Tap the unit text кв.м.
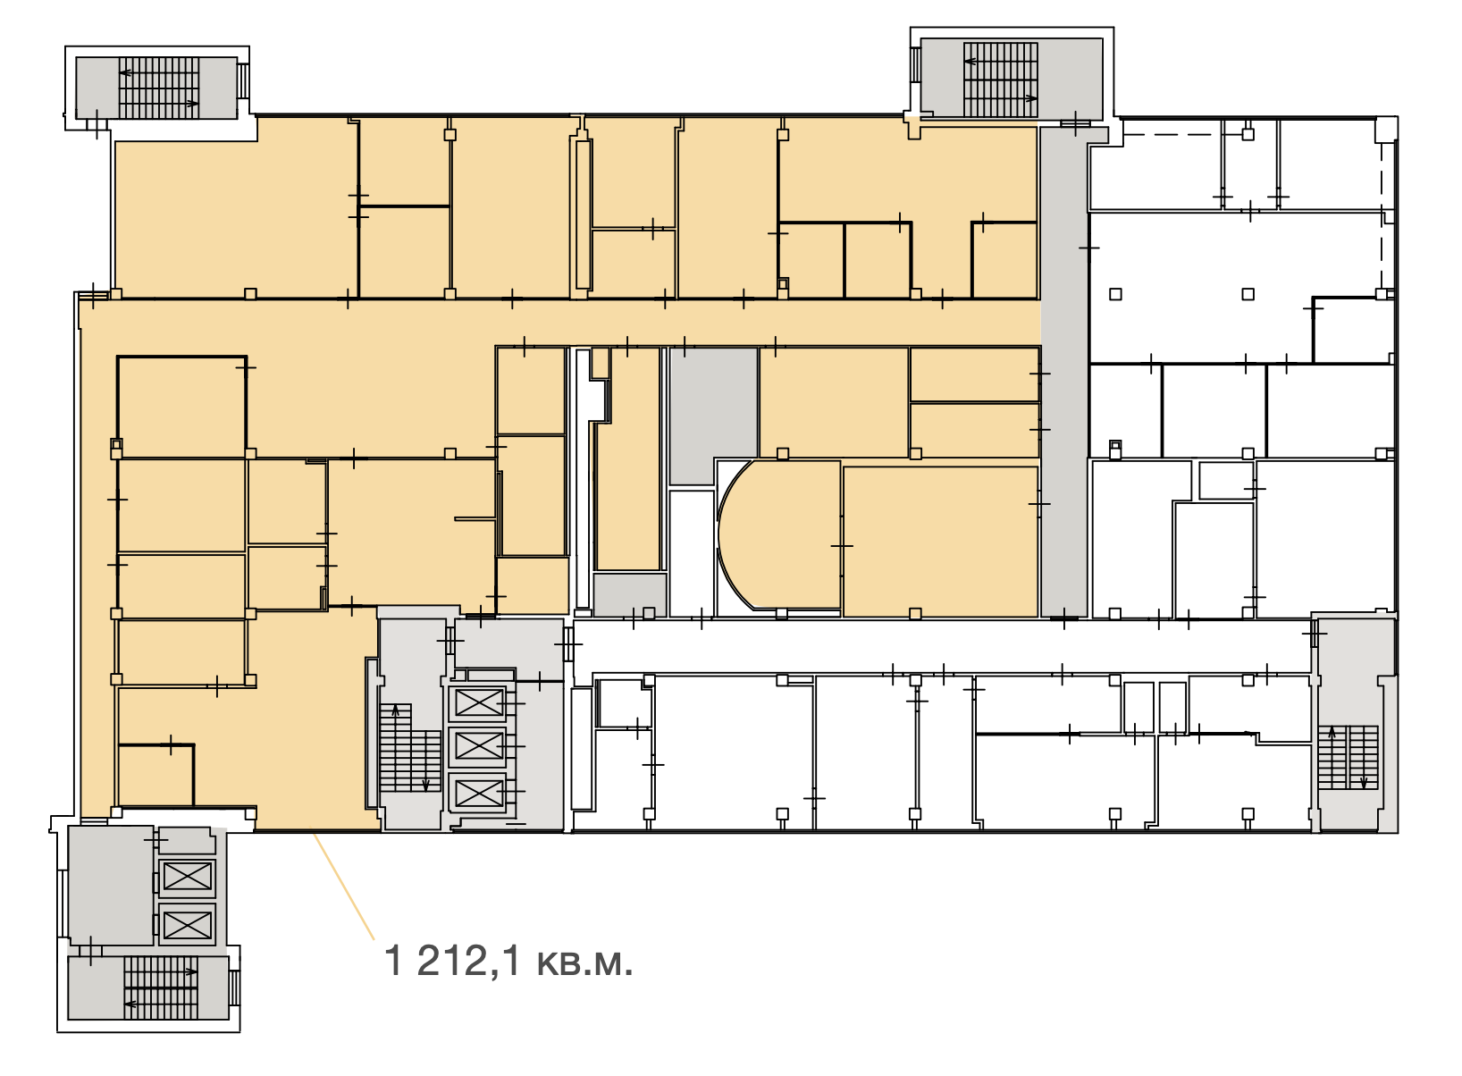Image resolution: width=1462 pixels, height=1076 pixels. coord(584,963)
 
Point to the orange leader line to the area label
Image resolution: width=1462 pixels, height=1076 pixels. coord(344,887)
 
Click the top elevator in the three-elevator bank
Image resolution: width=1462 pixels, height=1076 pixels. coord(478,702)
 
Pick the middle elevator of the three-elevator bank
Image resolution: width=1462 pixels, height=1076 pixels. coord(478,746)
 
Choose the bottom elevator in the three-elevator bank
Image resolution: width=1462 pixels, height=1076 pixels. coord(478,793)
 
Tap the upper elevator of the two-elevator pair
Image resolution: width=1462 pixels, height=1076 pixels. coord(188,877)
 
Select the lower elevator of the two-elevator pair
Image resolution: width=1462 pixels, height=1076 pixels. coord(188,925)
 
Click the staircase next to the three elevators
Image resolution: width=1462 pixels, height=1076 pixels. coord(410,748)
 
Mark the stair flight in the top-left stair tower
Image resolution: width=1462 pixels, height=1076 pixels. coord(158,88)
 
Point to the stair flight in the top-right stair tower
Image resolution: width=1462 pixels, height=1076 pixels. coord(1001,80)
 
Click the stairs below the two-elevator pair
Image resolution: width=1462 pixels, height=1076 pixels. coord(161,988)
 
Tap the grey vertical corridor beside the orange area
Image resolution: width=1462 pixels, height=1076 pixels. coord(1063,372)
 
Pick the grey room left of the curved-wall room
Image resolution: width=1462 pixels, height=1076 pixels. coord(713,416)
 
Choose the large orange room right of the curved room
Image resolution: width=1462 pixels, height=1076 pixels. coord(940,541)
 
